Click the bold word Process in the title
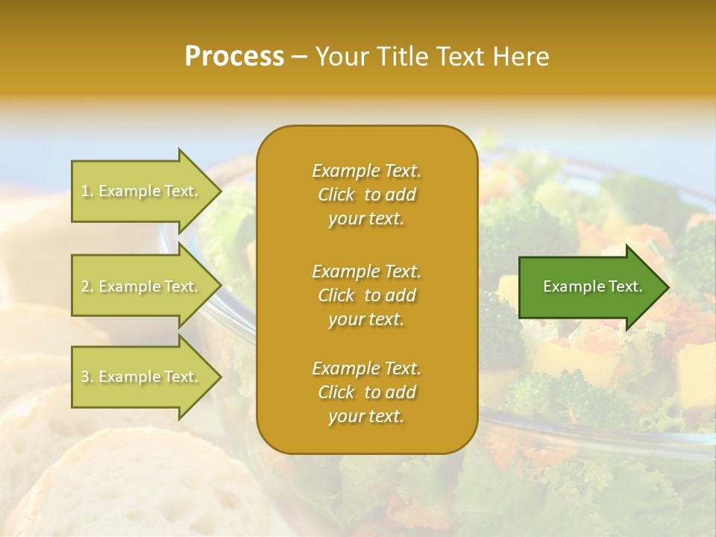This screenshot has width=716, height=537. coord(234,57)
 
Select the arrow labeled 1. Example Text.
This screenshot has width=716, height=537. coord(142,191)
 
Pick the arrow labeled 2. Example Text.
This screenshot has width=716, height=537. coord(142,286)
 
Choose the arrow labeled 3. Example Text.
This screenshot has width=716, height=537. coord(142,377)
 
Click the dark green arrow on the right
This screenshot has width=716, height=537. coord(589,286)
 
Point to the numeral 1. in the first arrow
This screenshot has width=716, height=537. coord(87,191)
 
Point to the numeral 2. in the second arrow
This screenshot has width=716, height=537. coord(87,286)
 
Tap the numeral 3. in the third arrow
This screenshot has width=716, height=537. coord(87,377)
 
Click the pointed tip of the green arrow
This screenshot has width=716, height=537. coord(666,287)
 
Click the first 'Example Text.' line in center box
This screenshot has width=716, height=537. coord(366,171)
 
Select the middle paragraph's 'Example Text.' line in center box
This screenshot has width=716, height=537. coord(366,271)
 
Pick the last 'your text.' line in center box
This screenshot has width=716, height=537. coord(366,417)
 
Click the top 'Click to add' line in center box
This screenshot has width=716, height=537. coord(366,195)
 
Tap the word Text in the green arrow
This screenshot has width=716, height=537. coord(625,286)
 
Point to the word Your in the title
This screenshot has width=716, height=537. coord(341,57)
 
